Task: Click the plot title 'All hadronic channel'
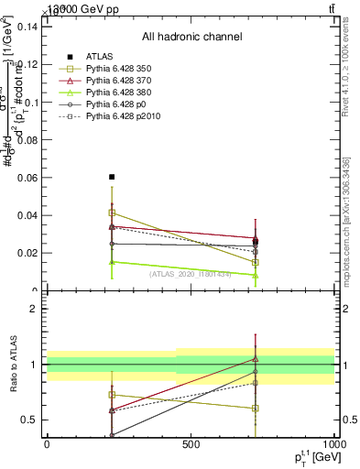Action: (x=191, y=37)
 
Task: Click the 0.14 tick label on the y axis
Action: (x=26, y=27)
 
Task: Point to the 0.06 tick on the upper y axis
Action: (x=26, y=177)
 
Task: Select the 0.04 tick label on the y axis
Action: (x=26, y=215)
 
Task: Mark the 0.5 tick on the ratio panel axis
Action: (x=29, y=420)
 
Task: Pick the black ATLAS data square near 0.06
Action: (x=112, y=177)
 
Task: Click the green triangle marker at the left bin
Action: (x=112, y=262)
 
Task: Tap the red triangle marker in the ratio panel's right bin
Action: (x=256, y=359)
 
